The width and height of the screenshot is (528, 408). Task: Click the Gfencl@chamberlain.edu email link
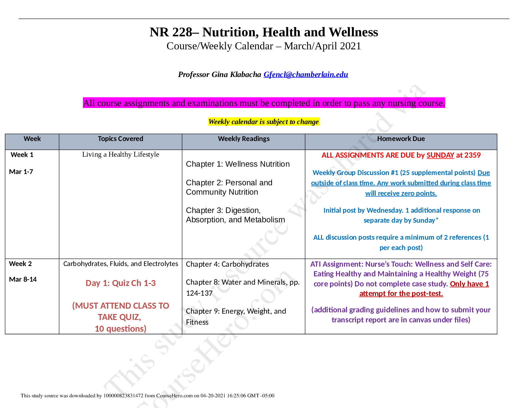[306, 74]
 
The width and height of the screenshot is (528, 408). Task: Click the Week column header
[32, 139]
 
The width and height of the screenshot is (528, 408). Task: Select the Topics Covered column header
[120, 139]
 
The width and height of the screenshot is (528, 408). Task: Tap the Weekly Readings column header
[244, 139]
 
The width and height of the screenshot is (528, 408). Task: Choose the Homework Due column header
[401, 139]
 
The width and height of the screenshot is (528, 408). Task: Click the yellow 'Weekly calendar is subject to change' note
[264, 122]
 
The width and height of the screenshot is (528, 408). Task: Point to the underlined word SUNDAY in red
[440, 155]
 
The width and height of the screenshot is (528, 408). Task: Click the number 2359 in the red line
[472, 155]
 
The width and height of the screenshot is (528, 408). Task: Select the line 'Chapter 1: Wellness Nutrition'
[238, 164]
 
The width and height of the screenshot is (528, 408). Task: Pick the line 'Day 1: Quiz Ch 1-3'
[120, 283]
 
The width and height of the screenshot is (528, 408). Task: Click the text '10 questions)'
[120, 329]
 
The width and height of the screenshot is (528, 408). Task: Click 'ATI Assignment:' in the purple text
[337, 264]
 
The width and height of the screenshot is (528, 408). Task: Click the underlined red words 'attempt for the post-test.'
[401, 294]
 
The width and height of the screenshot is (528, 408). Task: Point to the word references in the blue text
[465, 237]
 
